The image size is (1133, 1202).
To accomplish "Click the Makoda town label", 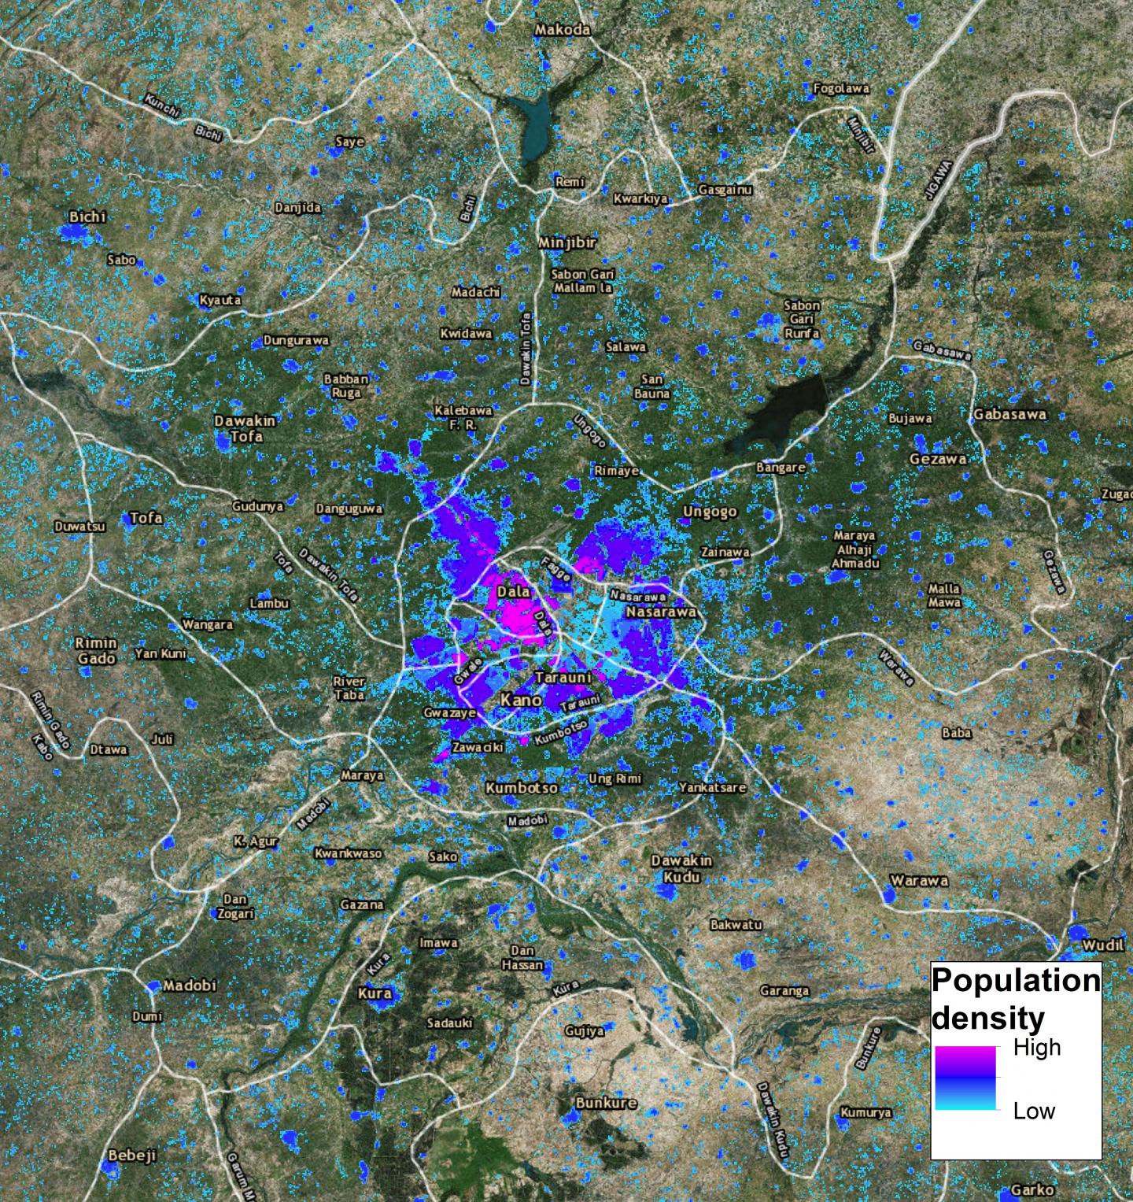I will (562, 29).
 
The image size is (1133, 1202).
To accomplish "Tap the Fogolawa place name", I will (841, 88).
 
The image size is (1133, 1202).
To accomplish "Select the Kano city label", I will (521, 699).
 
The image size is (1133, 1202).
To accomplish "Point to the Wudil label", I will (1103, 945).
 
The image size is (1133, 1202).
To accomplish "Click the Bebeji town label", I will (132, 1155).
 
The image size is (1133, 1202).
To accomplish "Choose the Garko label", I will (1032, 1189).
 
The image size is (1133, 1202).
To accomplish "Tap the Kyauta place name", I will (220, 300).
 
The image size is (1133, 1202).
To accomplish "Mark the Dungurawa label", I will (296, 340).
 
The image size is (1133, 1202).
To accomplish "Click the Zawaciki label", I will (478, 747).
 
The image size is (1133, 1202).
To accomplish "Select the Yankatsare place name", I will (712, 786).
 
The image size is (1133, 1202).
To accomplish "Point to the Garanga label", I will (784, 990).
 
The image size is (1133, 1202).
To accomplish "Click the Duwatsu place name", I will (79, 525).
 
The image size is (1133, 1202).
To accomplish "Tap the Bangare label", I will (781, 467).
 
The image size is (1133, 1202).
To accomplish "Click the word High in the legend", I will (1036, 1048).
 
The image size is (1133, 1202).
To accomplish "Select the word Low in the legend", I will (1034, 1111).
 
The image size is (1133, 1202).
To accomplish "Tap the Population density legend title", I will (1016, 999).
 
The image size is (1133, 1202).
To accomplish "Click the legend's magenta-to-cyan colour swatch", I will (965, 1078).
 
